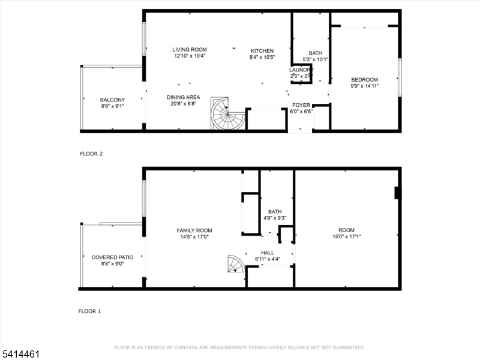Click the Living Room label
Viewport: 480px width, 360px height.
pyautogui.click(x=190, y=50)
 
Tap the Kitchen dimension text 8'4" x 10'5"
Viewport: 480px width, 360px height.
pyautogui.click(x=262, y=58)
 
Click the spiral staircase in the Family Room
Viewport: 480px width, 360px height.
pyautogui.click(x=235, y=263)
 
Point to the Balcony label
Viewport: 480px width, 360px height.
pyautogui.click(x=112, y=100)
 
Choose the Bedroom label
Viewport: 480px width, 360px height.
pyautogui.click(x=364, y=80)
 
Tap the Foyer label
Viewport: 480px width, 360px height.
pyautogui.click(x=301, y=105)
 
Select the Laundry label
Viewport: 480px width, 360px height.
pyautogui.click(x=301, y=70)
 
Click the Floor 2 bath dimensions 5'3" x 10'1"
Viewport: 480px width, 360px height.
pyautogui.click(x=315, y=59)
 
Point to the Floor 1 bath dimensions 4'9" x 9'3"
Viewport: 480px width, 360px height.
pyautogui.click(x=275, y=218)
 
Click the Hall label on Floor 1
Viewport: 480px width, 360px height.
pyautogui.click(x=268, y=253)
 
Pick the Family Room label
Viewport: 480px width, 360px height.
pyautogui.click(x=194, y=230)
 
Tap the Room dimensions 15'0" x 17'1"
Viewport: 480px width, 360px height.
pyautogui.click(x=346, y=236)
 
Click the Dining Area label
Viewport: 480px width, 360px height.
pyautogui.click(x=183, y=97)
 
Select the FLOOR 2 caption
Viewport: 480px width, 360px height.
pyautogui.click(x=91, y=154)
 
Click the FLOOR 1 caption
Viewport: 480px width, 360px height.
pyautogui.click(x=90, y=311)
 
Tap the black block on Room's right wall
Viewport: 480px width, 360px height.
pyautogui.click(x=397, y=193)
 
